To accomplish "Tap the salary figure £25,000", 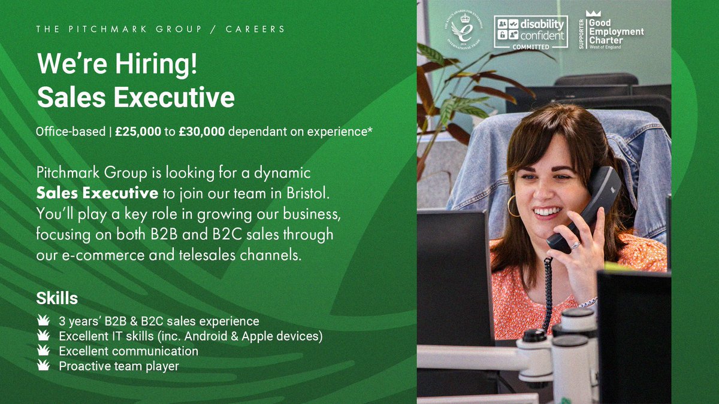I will [138, 132].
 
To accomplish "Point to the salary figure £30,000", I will [202, 132].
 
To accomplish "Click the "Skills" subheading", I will [57, 297].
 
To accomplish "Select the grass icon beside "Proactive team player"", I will [43, 365].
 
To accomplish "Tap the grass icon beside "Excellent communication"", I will [43, 350].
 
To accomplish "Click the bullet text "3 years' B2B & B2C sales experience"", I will [159, 321].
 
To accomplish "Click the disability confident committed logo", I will [530, 32].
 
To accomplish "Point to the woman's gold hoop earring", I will [513, 206].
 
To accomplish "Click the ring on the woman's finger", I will [575, 245].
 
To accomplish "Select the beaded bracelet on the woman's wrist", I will [588, 302].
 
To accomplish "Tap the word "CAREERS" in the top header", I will [256, 29].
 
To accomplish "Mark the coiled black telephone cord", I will [546, 293].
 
